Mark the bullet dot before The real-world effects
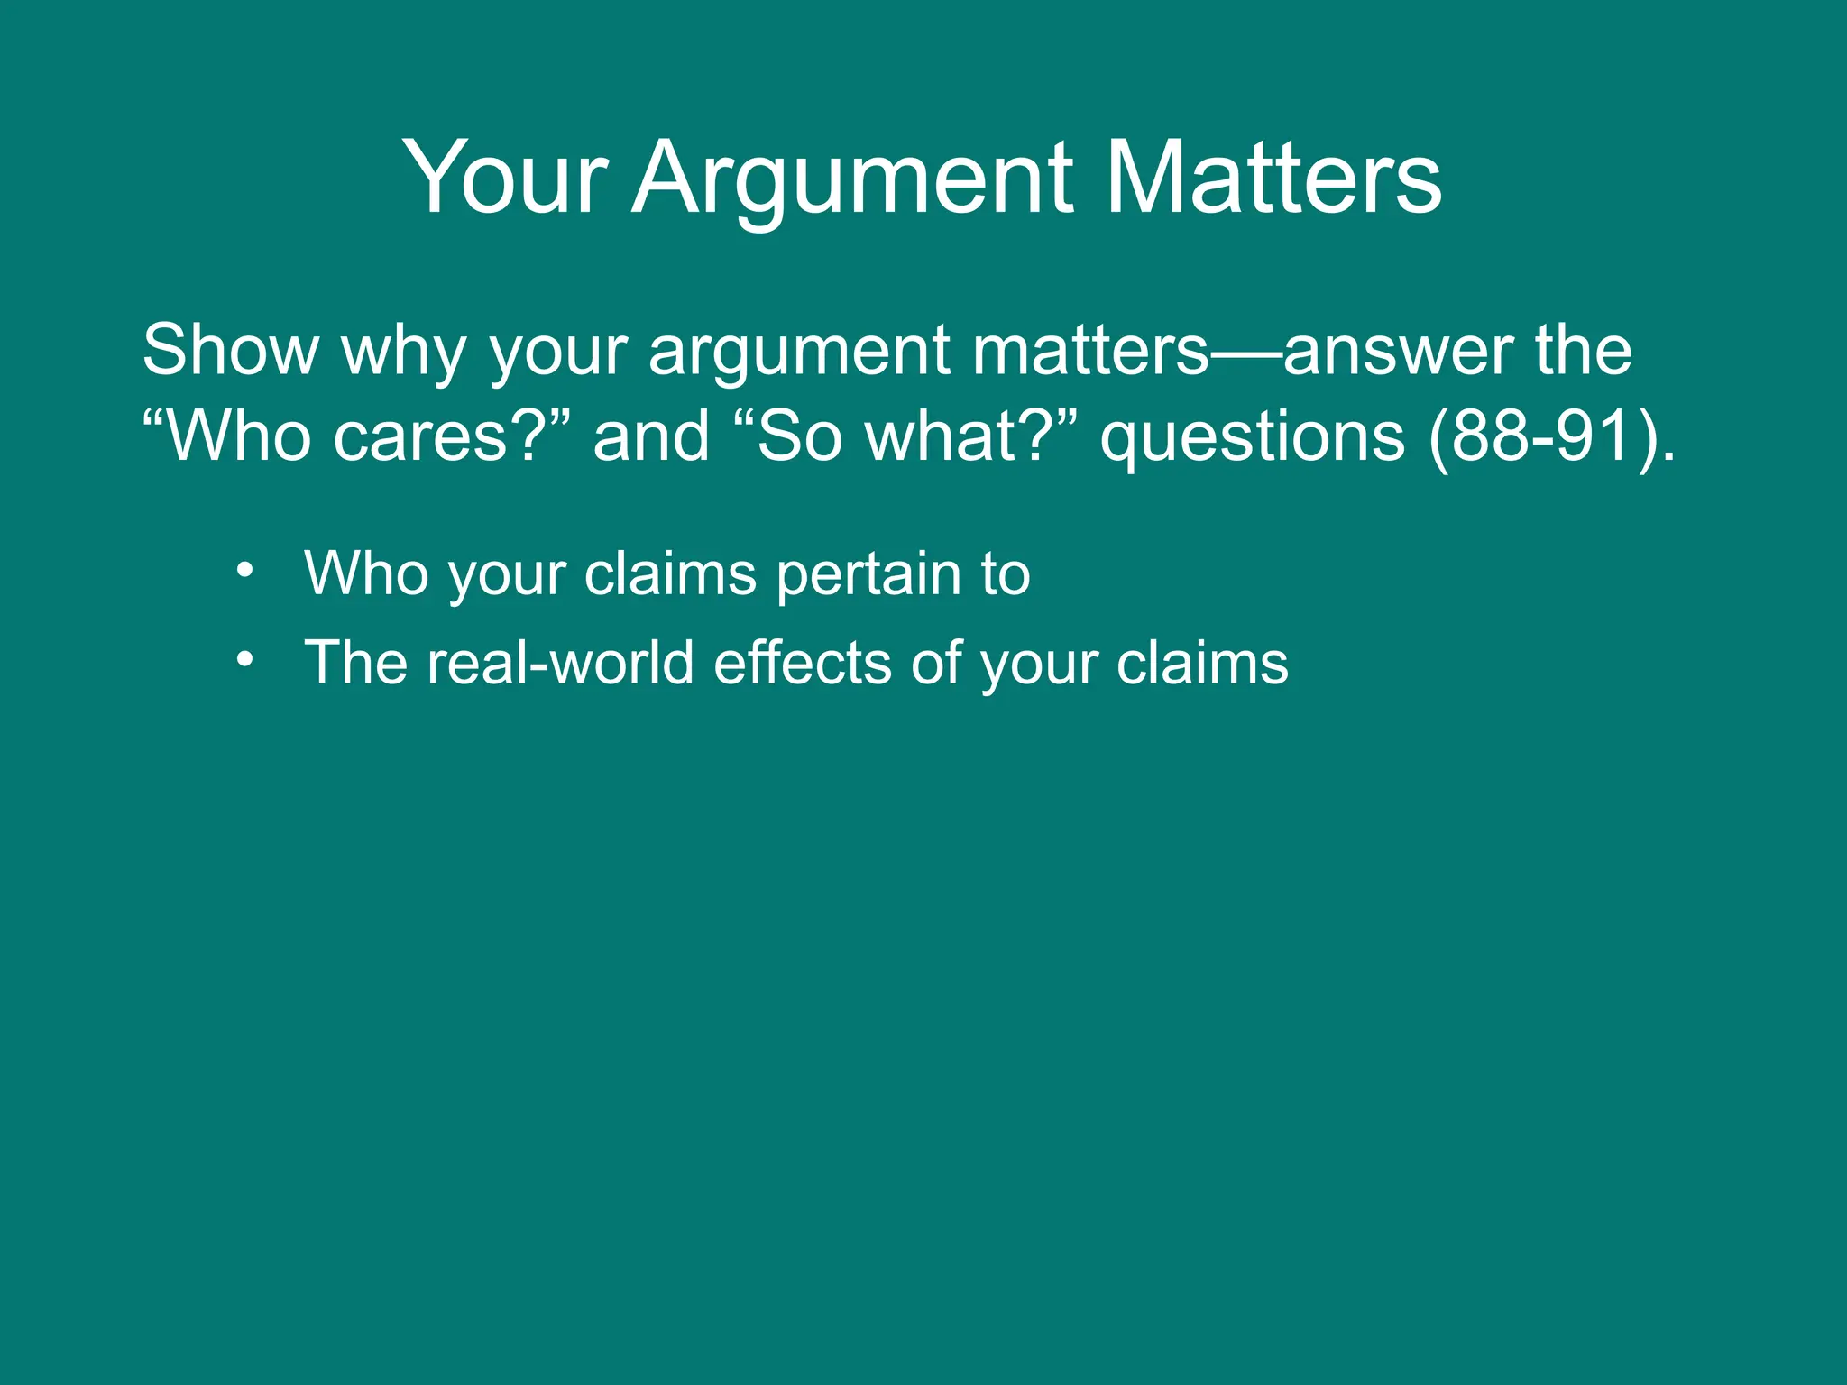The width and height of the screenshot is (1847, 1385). coord(244,661)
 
